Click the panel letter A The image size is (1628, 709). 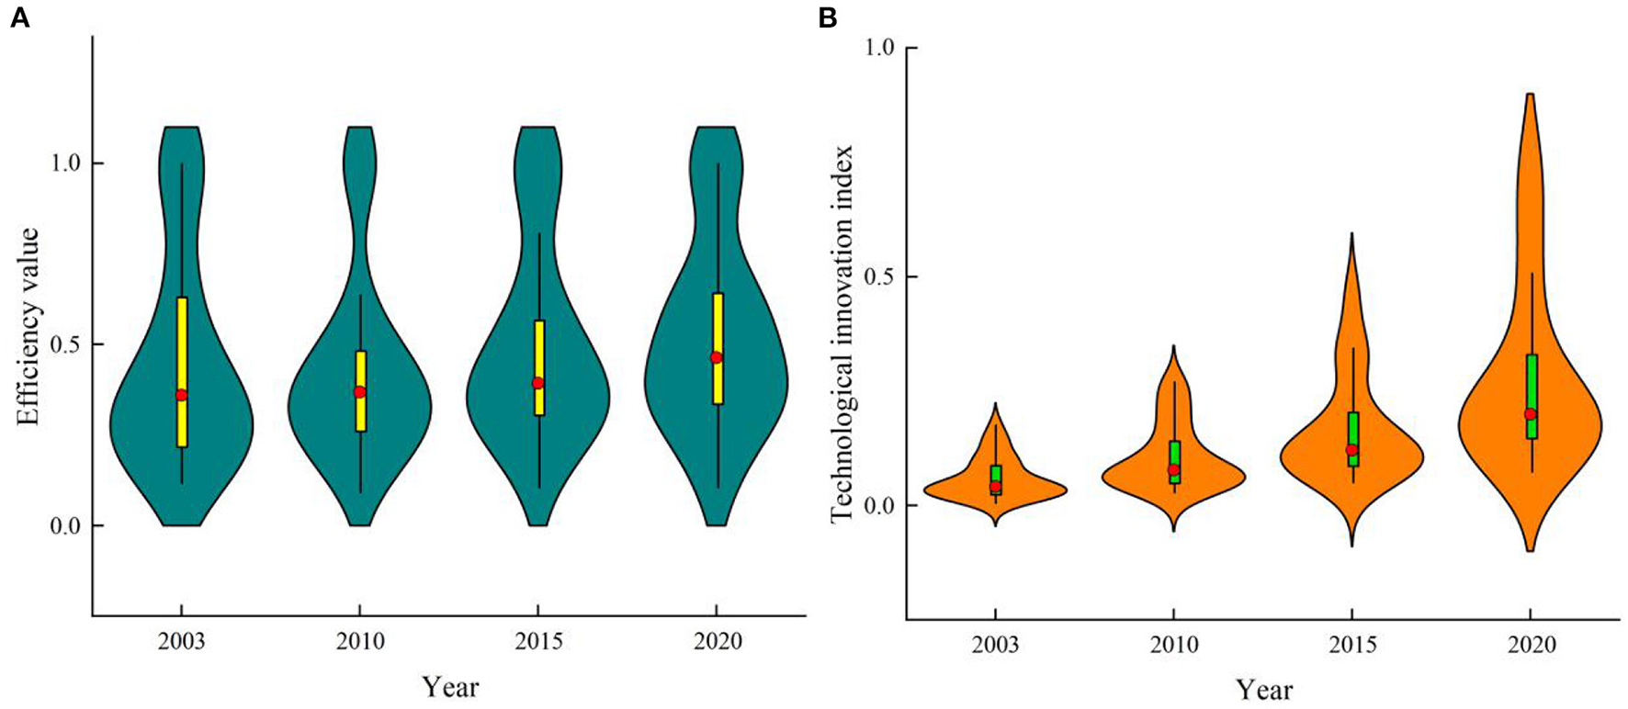19,18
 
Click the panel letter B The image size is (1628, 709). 827,18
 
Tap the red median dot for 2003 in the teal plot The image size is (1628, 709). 182,395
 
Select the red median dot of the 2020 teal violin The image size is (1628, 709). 717,357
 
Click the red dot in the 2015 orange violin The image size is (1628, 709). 1352,450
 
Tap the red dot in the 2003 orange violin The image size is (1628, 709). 996,487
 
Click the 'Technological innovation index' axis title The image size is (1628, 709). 842,333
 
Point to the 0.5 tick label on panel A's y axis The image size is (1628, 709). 62,344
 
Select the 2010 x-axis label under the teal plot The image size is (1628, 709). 360,641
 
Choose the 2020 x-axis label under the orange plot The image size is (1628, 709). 1531,646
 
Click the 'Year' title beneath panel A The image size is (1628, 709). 450,687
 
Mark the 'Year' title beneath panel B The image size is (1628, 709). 1263,690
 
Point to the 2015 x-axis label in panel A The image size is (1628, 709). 538,641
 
